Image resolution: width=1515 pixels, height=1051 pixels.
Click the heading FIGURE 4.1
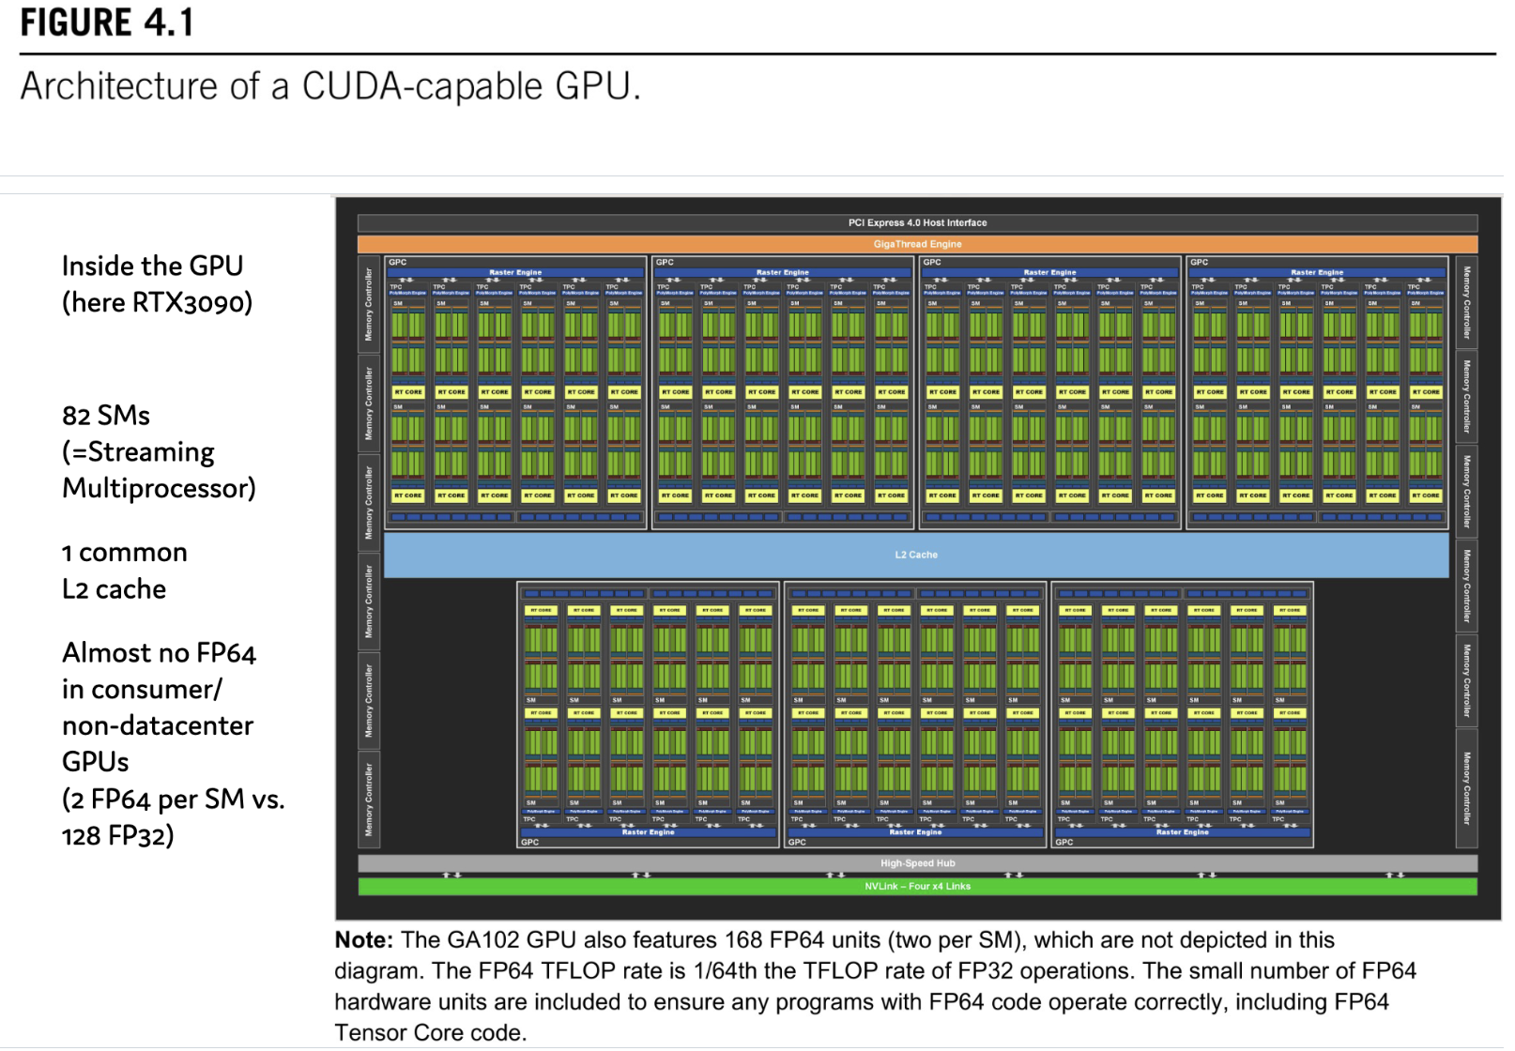coord(107,23)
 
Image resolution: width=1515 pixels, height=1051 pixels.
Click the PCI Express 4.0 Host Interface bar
coord(917,223)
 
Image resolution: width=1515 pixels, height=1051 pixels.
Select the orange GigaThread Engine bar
coord(917,244)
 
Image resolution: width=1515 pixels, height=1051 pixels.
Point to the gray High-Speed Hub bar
coord(917,863)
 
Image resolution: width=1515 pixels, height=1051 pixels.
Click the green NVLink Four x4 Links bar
coord(917,886)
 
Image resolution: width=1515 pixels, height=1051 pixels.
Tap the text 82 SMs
coord(106,416)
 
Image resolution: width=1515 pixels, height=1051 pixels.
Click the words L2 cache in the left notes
coord(114,589)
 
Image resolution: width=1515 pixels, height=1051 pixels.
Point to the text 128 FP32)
coord(118,836)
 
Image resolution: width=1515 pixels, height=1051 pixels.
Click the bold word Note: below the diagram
coord(363,940)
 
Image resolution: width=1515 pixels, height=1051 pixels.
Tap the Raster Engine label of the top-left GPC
coord(515,272)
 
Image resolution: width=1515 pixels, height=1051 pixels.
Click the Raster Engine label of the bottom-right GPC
coord(1182,832)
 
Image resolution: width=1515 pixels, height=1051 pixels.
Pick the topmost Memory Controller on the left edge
coord(369,304)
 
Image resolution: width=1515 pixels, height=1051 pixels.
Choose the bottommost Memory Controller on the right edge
coord(1466,788)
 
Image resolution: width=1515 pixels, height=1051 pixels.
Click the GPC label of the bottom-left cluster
coord(530,843)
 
